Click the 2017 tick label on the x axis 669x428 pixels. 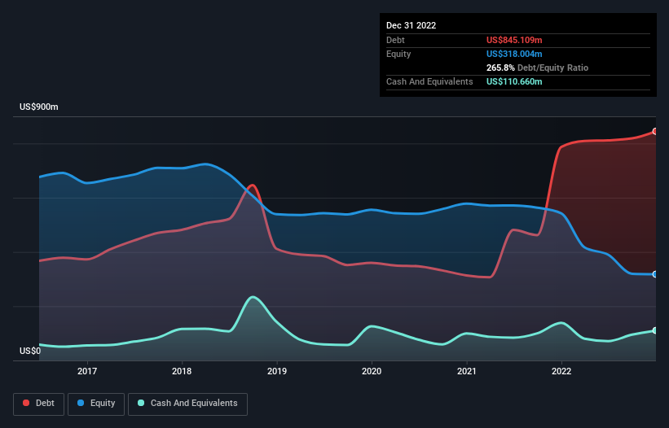point(87,371)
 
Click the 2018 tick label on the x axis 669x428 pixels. point(182,371)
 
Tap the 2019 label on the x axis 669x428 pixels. point(277,371)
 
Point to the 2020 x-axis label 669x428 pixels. point(372,371)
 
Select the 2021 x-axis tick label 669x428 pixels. point(467,371)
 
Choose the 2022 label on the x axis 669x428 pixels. point(561,371)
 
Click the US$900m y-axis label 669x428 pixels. point(39,107)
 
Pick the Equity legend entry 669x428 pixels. point(96,403)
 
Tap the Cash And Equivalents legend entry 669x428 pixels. point(187,403)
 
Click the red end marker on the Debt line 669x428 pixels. point(655,131)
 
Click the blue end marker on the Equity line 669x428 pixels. point(655,274)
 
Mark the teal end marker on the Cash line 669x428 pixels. point(655,330)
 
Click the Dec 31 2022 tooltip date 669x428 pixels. point(411,25)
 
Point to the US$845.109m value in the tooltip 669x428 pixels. point(514,40)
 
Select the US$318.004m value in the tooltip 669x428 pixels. point(514,54)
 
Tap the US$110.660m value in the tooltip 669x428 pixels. point(514,81)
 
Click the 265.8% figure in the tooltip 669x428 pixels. point(500,68)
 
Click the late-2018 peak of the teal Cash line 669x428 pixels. point(253,297)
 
